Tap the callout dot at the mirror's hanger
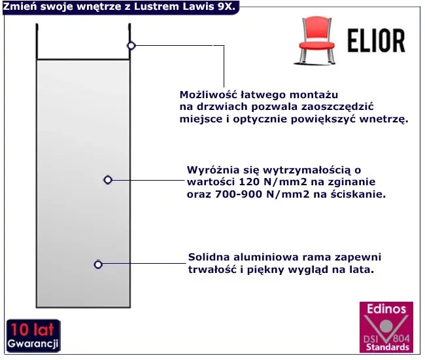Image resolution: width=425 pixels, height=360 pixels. coord(131,45)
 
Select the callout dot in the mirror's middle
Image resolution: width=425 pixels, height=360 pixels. coord(108,179)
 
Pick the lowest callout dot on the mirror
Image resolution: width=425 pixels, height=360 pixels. coord(98,264)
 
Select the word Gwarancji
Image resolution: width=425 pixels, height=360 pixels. coord(34,344)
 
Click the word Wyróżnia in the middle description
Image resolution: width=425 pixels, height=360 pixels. coord(210,170)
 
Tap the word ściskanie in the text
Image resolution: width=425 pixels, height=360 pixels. coord(362,194)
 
